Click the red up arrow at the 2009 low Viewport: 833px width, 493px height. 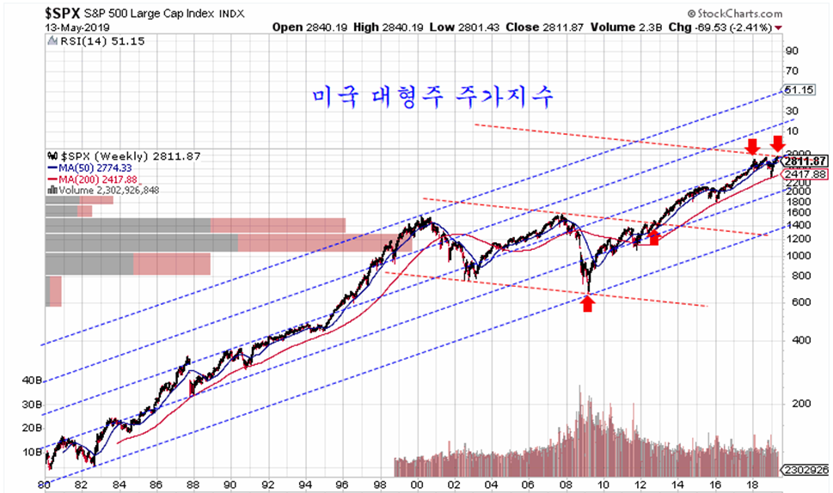click(x=588, y=302)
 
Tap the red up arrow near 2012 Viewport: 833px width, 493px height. click(x=653, y=236)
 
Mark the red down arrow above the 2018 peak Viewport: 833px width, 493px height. click(x=752, y=146)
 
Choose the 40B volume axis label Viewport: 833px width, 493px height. click(x=32, y=379)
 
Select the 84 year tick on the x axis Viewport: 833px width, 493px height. click(x=119, y=484)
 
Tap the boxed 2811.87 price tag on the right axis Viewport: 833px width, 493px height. click(x=805, y=161)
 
